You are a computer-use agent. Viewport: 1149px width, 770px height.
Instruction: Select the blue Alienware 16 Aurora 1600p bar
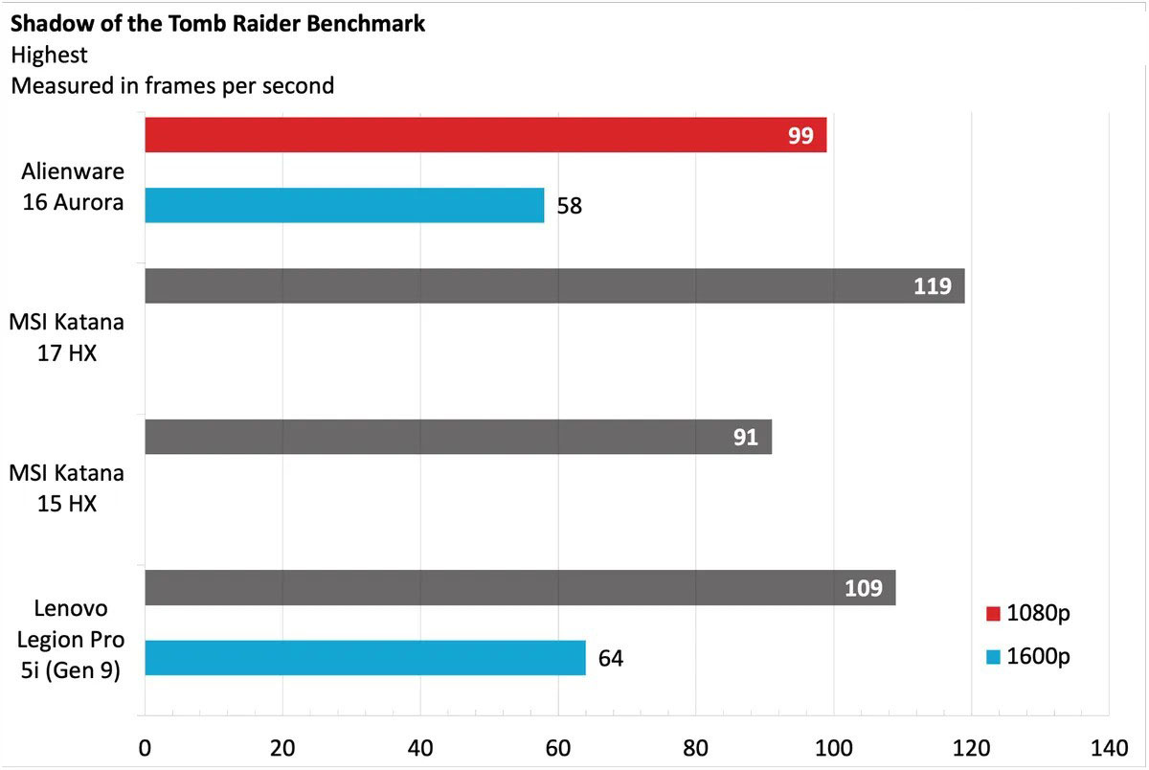pyautogui.click(x=345, y=205)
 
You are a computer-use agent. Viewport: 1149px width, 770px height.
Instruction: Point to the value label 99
pyautogui.click(x=800, y=136)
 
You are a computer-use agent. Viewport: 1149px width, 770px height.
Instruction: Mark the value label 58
pyautogui.click(x=570, y=206)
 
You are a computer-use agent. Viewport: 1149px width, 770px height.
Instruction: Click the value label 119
pyautogui.click(x=932, y=286)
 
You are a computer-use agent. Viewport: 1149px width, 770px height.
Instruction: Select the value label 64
pyautogui.click(x=611, y=659)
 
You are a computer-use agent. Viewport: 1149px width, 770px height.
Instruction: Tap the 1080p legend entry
pyautogui.click(x=1027, y=613)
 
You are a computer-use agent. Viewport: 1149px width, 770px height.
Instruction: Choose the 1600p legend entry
pyautogui.click(x=1027, y=657)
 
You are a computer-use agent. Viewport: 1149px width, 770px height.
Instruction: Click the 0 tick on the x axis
pyautogui.click(x=145, y=747)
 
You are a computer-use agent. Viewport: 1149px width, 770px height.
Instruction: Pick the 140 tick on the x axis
pyautogui.click(x=1109, y=747)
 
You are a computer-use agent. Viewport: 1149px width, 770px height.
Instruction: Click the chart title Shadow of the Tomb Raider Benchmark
pyautogui.click(x=218, y=24)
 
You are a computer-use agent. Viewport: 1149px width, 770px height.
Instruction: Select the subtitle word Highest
pyautogui.click(x=49, y=55)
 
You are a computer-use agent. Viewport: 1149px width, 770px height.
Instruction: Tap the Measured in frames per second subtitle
pyautogui.click(x=172, y=85)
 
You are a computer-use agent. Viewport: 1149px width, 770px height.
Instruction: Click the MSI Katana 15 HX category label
pyautogui.click(x=67, y=487)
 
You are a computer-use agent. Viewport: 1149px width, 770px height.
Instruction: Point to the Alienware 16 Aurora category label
pyautogui.click(x=73, y=187)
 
